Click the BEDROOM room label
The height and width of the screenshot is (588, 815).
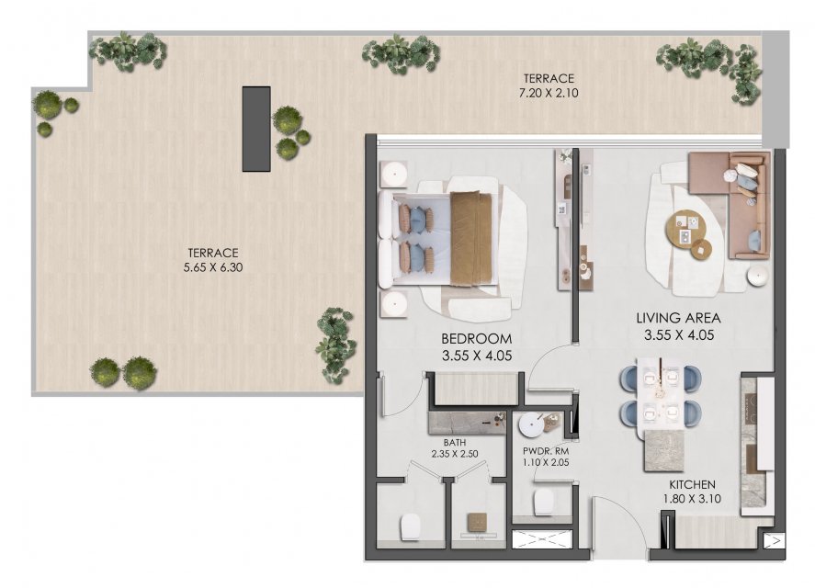pos(476,339)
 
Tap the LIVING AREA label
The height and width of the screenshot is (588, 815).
pos(678,318)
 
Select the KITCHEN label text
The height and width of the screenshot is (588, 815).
pos(692,484)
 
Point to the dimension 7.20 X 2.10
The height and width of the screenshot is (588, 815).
pos(549,94)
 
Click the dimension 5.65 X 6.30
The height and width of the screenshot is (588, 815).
pos(213,267)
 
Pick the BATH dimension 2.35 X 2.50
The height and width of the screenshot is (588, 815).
pos(455,454)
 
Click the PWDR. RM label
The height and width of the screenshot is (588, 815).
pos(546,451)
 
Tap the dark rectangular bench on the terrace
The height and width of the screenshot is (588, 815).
pos(256,129)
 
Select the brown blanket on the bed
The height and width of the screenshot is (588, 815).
pos(471,239)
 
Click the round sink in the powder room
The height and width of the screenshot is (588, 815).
pos(531,425)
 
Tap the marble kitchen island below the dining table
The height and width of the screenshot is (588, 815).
pos(663,450)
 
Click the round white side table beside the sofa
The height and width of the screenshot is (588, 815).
pos(758,276)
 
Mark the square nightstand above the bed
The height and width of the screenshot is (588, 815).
pos(393,173)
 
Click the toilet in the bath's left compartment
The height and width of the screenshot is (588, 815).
pos(409,527)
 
